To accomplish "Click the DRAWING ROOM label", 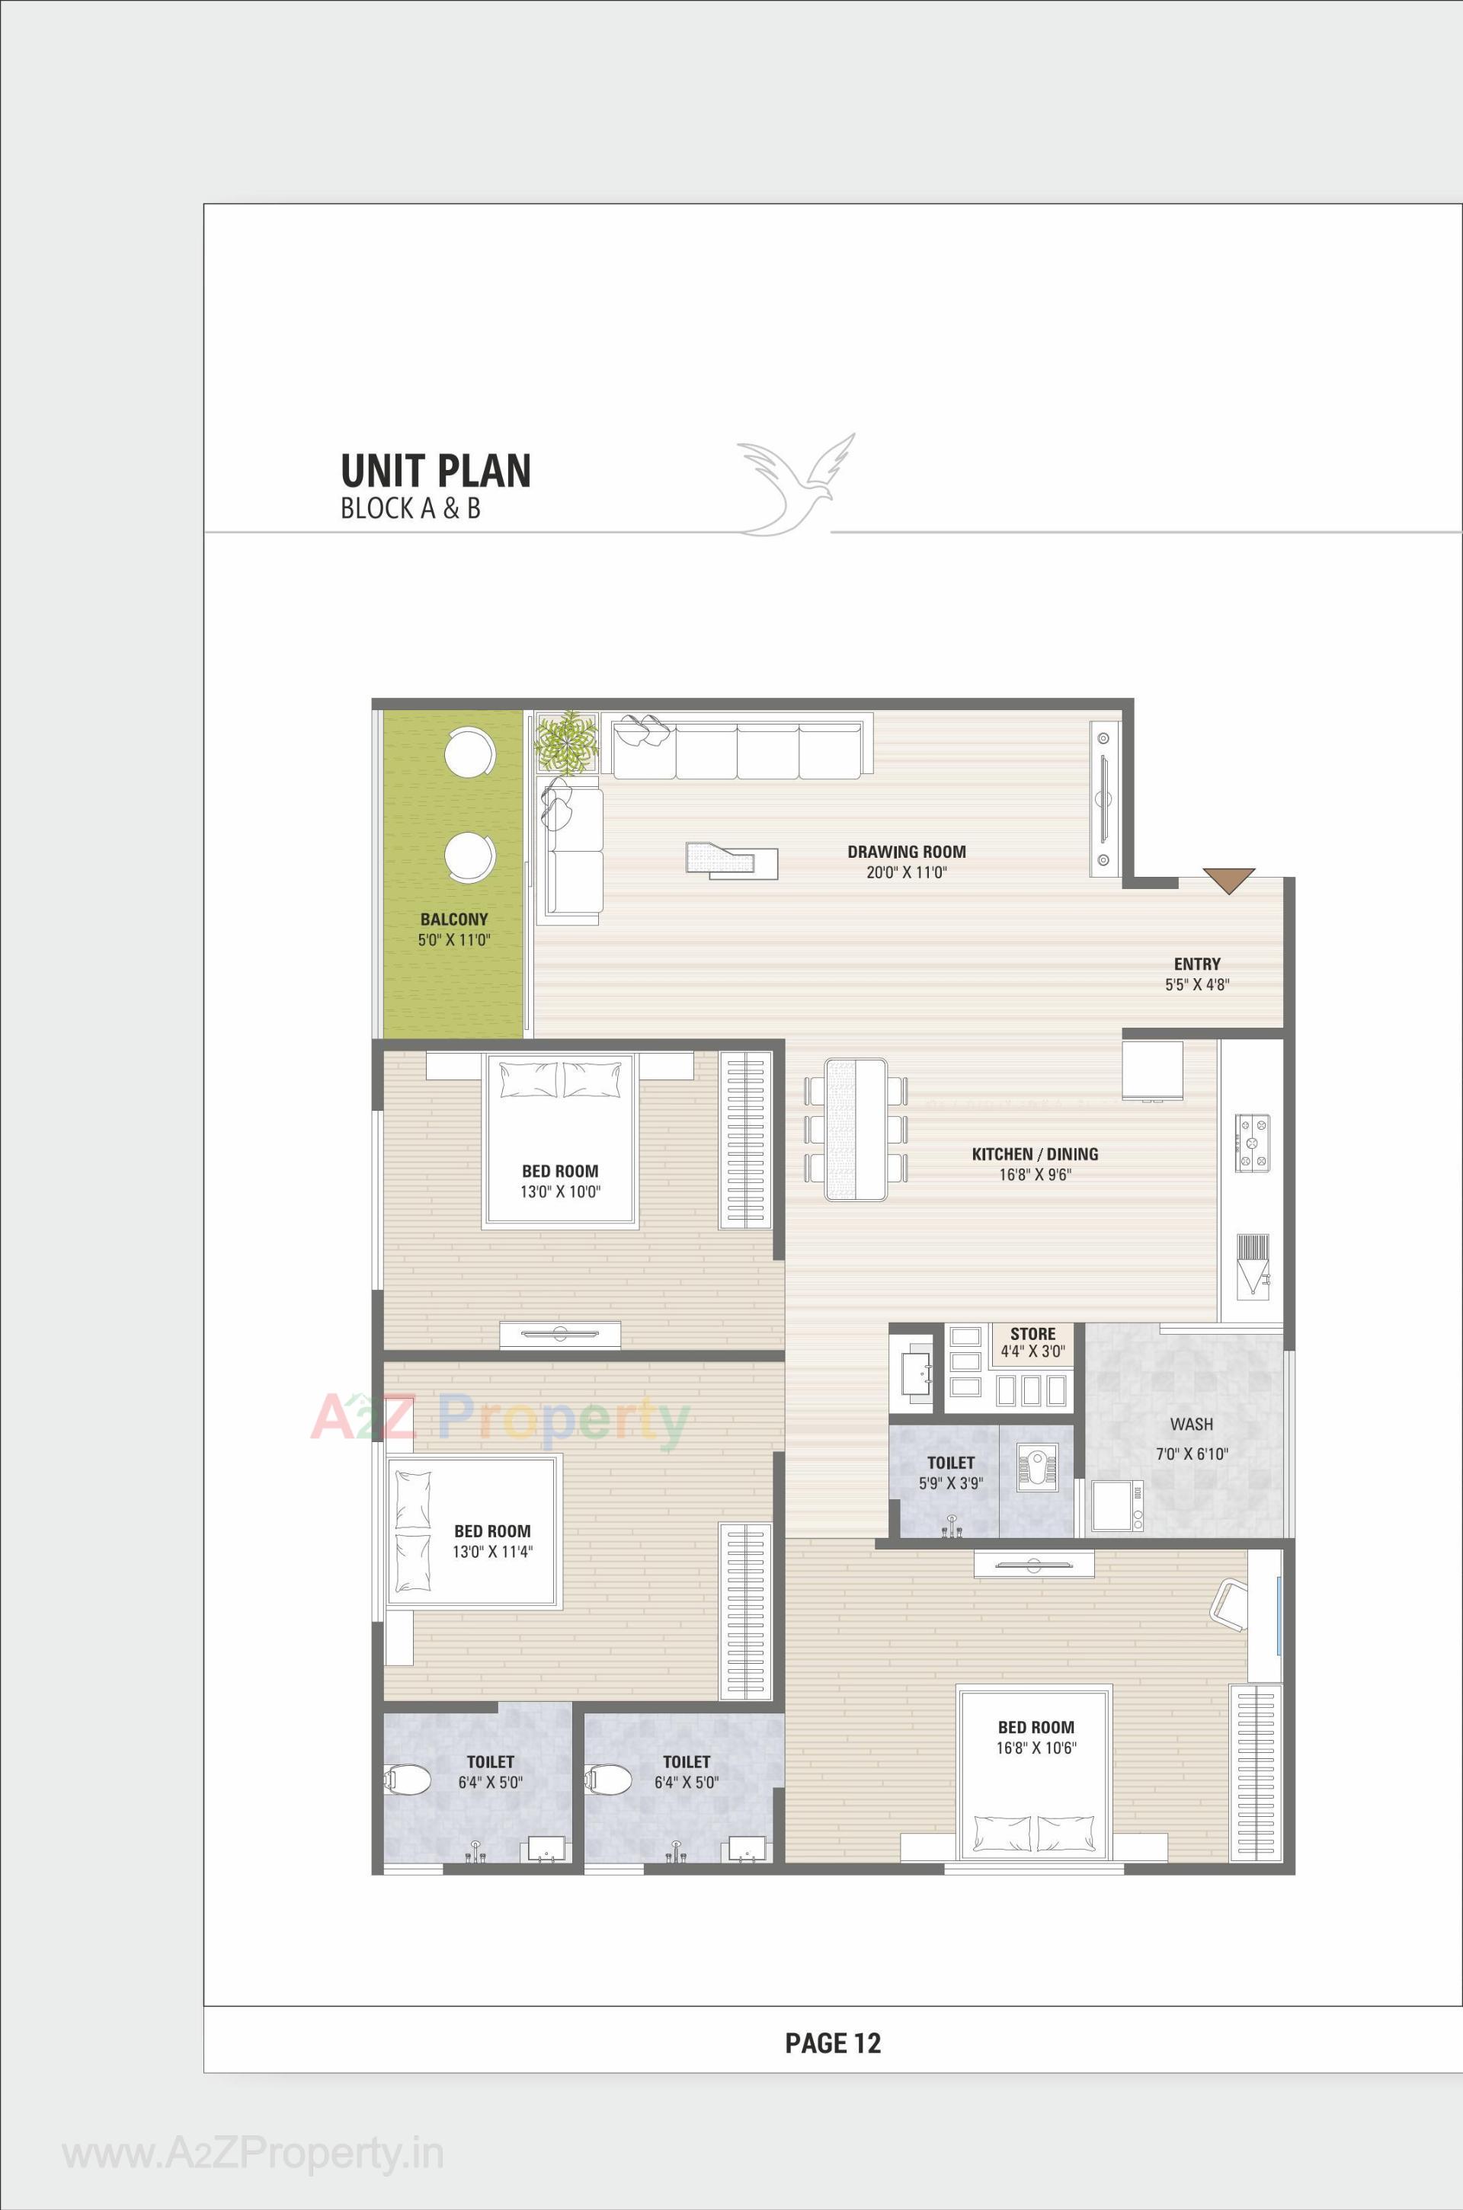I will coord(906,852).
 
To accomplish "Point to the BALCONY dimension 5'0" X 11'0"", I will coord(453,940).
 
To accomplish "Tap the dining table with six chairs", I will coord(856,1129).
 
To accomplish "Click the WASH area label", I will coord(1192,1425).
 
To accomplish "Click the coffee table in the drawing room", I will coord(731,859).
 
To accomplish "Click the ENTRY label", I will coord(1197,964).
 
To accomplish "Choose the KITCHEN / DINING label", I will coord(1035,1154).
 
